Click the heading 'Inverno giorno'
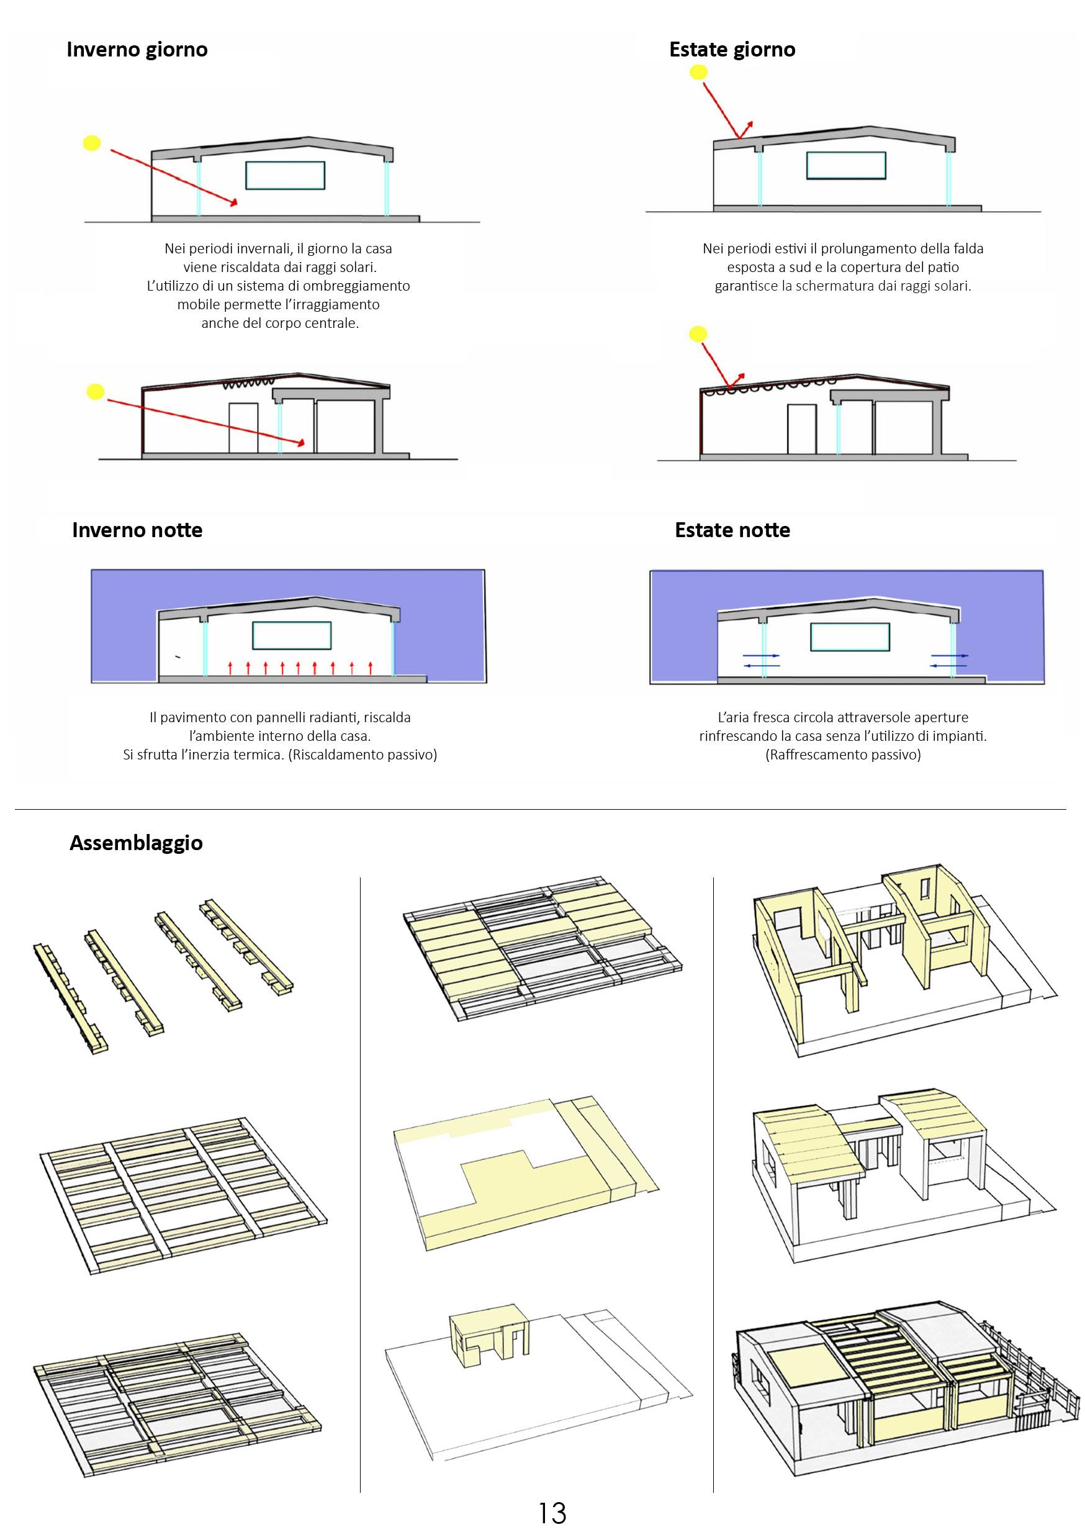pyautogui.click(x=137, y=50)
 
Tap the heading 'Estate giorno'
pyautogui.click(x=732, y=50)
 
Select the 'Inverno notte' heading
pyautogui.click(x=137, y=530)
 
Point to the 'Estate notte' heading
pyautogui.click(x=732, y=530)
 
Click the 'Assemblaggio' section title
pyautogui.click(x=136, y=843)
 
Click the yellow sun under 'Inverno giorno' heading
pyautogui.click(x=92, y=143)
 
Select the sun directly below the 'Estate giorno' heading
pyautogui.click(x=699, y=73)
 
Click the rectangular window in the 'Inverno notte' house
pyautogui.click(x=292, y=636)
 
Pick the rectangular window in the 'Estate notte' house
pyautogui.click(x=850, y=636)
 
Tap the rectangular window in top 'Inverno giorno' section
pyautogui.click(x=285, y=175)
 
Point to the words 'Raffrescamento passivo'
pyautogui.click(x=843, y=754)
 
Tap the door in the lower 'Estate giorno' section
pyautogui.click(x=801, y=428)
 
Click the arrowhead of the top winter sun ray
pyautogui.click(x=234, y=202)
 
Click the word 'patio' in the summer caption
pyautogui.click(x=943, y=267)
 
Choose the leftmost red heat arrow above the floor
pyautogui.click(x=230, y=668)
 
